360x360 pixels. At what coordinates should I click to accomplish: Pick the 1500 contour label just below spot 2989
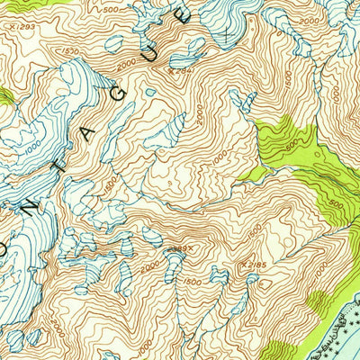[x=191, y=282]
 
